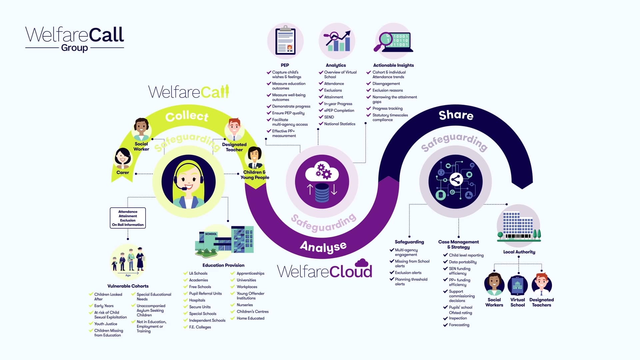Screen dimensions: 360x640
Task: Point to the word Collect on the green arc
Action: [187, 116]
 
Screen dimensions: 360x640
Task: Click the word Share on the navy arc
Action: [456, 115]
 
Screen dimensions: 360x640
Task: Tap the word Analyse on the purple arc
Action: [323, 247]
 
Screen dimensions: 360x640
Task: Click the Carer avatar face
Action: [123, 158]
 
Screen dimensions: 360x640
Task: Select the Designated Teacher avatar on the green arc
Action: [234, 129]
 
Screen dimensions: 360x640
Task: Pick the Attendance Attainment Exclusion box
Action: [128, 218]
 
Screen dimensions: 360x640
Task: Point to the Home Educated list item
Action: [250, 318]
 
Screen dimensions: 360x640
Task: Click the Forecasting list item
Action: [459, 325]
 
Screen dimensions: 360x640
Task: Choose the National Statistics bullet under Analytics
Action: [340, 124]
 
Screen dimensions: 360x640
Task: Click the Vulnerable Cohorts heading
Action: [128, 286]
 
